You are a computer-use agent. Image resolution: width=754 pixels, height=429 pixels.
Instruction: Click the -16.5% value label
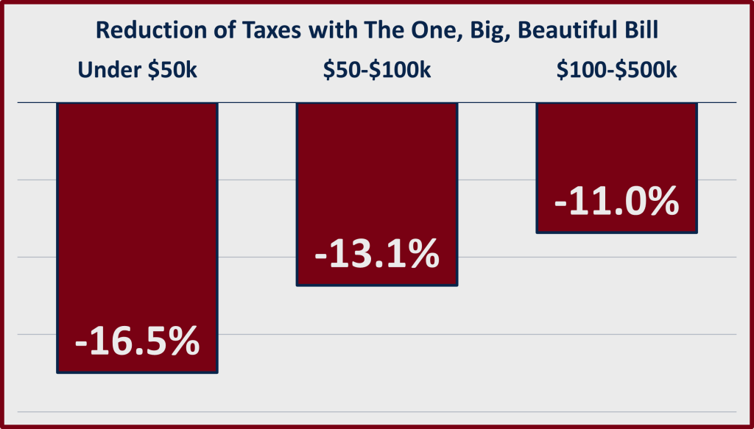coord(138,341)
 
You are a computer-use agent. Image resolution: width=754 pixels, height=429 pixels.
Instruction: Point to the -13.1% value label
coord(377,255)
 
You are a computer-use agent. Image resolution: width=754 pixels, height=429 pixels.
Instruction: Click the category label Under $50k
coord(138,71)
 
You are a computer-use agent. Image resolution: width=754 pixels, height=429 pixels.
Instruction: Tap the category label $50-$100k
coord(377,71)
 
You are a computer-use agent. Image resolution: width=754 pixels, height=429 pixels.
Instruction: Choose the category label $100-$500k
coord(617,71)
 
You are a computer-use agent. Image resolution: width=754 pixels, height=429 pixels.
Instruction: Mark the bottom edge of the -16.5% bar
coord(138,372)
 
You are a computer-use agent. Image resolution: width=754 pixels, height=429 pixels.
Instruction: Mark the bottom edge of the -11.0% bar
coord(616,233)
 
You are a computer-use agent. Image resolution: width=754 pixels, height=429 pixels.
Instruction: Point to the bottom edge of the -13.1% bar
coord(377,285)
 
